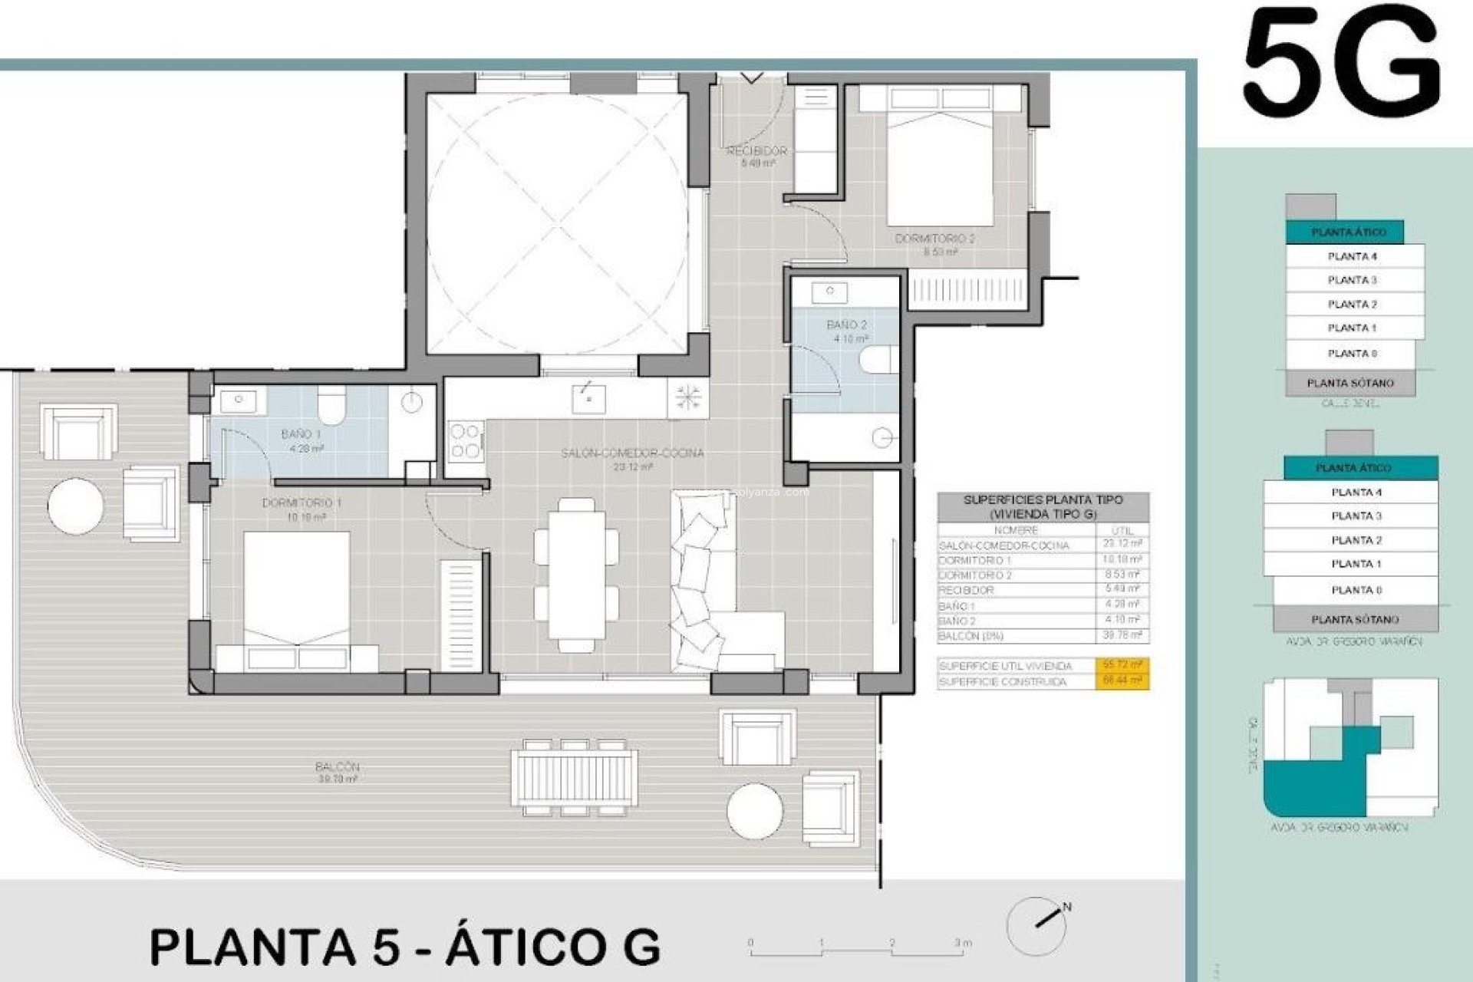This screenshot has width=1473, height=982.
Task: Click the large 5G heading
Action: point(1341,63)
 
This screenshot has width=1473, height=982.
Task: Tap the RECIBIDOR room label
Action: point(756,151)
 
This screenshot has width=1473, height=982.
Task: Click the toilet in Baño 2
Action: point(878,359)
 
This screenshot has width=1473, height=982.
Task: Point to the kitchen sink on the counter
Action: point(588,399)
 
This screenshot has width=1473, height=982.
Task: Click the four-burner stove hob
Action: point(465,441)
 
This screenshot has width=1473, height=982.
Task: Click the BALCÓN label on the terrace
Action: point(337,766)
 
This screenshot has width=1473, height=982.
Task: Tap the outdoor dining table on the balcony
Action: point(574,778)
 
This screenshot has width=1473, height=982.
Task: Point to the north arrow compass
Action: point(1037,925)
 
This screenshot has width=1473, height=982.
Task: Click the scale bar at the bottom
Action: point(857,951)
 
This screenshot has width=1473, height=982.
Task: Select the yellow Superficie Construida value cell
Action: point(1122,681)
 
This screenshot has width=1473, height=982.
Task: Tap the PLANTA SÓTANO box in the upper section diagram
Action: point(1350,383)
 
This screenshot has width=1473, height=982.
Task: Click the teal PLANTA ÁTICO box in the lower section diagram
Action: point(1353,467)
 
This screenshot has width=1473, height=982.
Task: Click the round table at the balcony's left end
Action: point(75,506)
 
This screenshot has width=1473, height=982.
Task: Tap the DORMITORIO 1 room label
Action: point(302,503)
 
